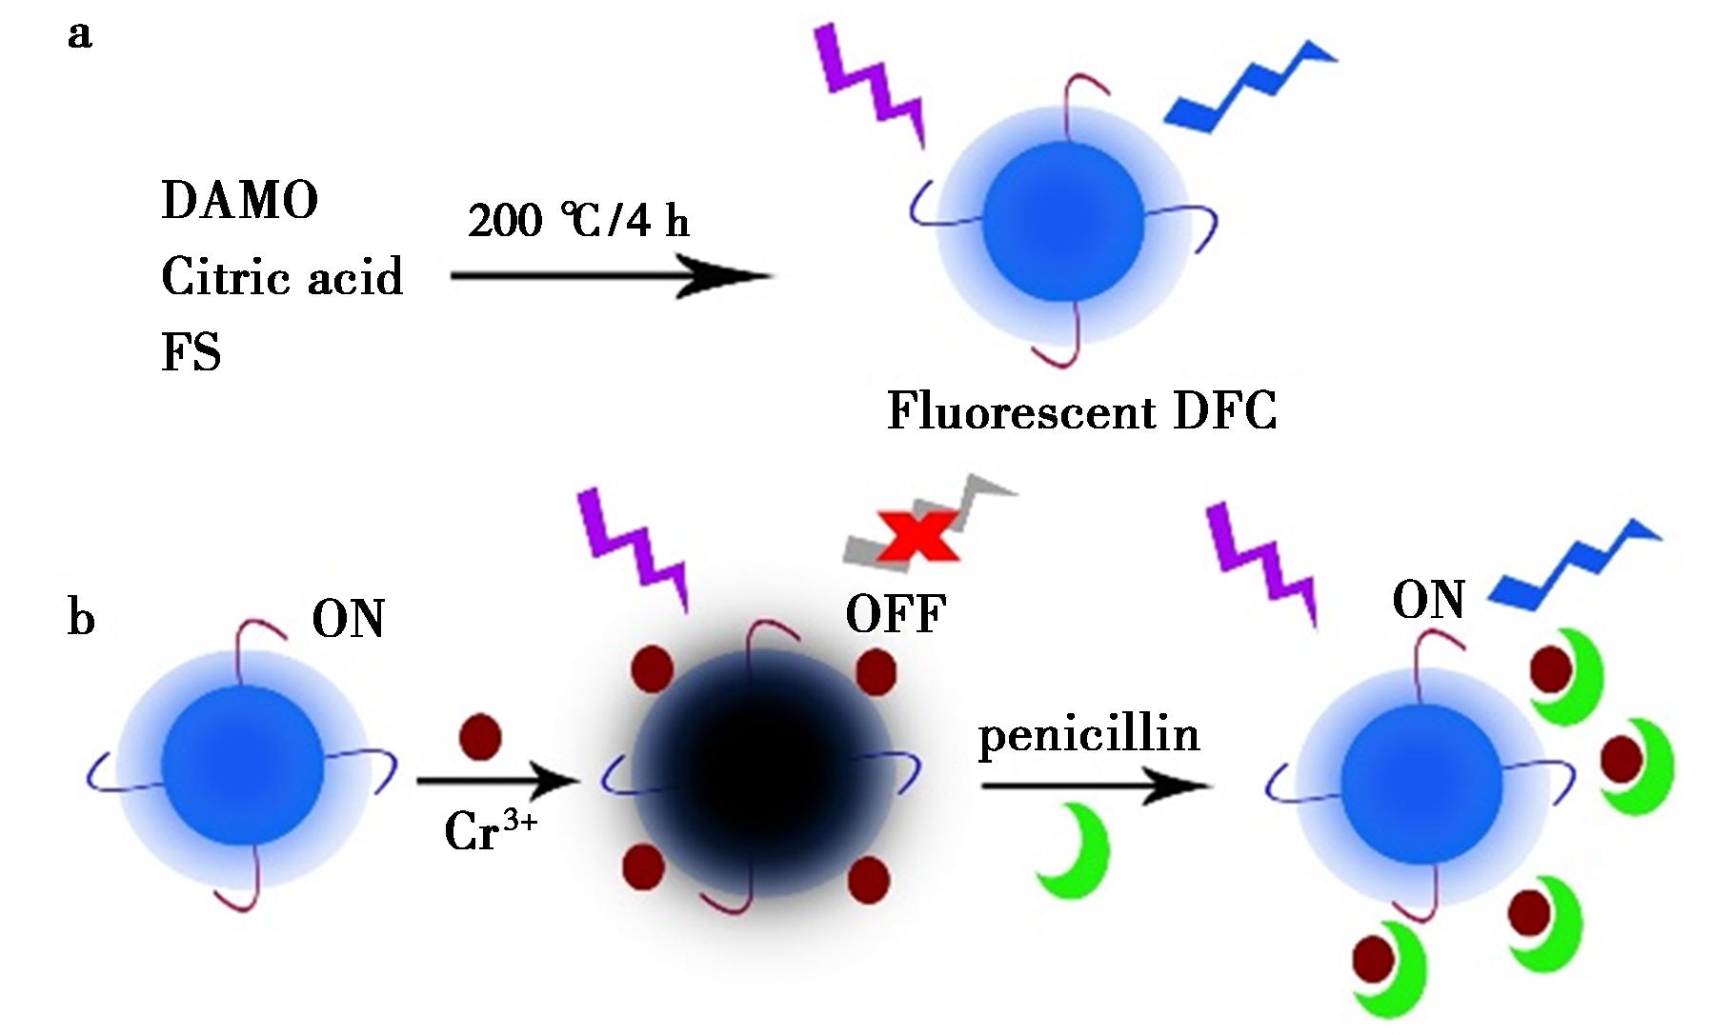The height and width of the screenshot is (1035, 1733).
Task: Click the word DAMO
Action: click(240, 201)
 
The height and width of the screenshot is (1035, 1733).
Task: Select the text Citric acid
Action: click(282, 277)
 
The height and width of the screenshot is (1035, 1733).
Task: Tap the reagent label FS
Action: click(191, 353)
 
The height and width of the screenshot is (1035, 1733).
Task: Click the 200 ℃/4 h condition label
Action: click(578, 221)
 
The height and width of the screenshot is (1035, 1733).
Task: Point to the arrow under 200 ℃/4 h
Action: click(611, 277)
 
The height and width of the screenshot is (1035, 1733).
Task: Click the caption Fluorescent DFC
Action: click(1081, 411)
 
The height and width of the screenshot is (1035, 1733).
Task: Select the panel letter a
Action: click(80, 35)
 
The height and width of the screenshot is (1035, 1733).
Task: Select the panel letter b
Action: click(81, 618)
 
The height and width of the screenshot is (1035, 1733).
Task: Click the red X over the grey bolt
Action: click(917, 534)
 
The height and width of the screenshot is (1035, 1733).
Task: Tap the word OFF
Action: click(896, 614)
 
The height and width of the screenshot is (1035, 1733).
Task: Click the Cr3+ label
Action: click(491, 829)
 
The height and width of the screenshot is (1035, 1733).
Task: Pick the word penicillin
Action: click(1089, 734)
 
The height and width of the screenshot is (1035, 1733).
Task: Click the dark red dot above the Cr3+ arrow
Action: click(480, 737)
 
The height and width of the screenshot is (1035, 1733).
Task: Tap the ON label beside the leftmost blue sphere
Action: click(349, 619)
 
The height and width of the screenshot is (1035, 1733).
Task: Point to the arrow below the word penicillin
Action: click(1096, 786)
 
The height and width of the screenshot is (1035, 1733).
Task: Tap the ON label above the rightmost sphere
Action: click(1428, 601)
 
